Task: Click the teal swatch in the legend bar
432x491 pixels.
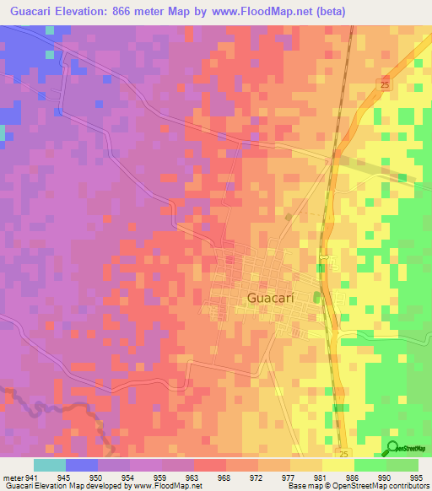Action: [49, 465]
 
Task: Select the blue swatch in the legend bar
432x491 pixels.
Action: [82, 465]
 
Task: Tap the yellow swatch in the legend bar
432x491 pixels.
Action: [337, 465]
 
